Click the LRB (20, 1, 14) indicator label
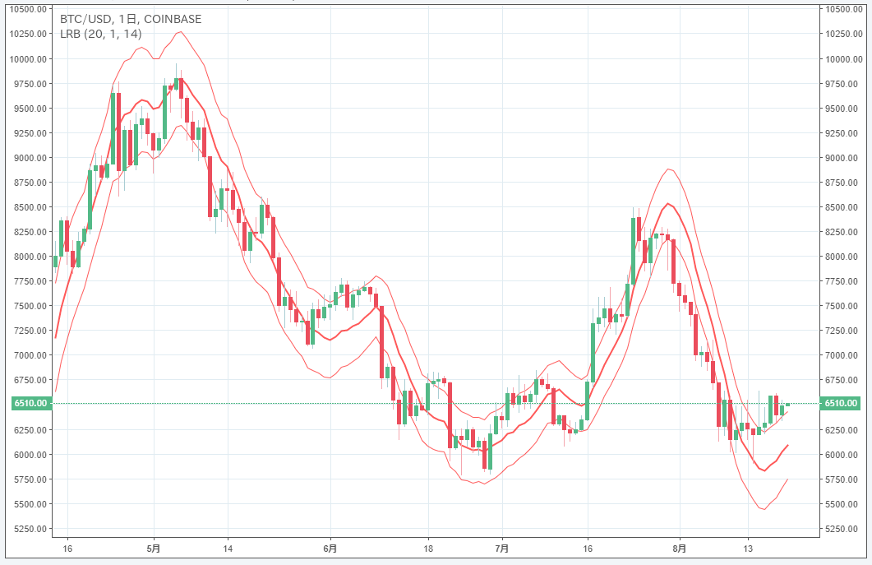101,34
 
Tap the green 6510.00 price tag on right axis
843,404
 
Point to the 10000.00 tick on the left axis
27,59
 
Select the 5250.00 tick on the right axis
843,528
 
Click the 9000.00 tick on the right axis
843,158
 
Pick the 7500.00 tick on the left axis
27,306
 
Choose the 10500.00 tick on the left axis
27,10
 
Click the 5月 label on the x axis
154,549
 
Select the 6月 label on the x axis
330,549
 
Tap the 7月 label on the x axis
502,549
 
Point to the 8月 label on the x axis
679,549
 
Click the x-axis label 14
228,549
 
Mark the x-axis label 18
428,549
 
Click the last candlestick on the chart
787,405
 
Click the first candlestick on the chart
55,262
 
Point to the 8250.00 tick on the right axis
843,232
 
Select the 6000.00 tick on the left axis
27,454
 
